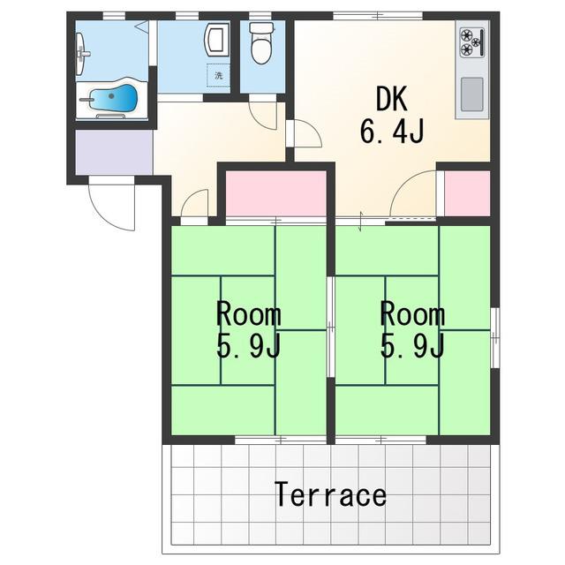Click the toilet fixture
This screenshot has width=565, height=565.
[261, 43]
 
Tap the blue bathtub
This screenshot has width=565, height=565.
[113, 98]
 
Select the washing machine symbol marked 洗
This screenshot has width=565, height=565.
[218, 76]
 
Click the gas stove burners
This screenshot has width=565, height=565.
[471, 41]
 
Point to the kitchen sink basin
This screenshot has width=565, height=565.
[472, 94]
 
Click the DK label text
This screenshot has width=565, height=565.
[392, 99]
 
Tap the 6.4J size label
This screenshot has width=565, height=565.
[391, 132]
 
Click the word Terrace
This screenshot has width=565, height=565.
[330, 494]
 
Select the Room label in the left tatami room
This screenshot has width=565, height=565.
[249, 314]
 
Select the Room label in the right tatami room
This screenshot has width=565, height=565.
[412, 314]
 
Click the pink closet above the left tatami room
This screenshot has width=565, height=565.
[276, 193]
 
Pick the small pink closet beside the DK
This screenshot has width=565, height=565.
[467, 193]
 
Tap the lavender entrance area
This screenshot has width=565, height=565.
[114, 152]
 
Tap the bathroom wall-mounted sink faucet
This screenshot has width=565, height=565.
[81, 54]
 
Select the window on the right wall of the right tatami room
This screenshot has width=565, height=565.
[495, 337]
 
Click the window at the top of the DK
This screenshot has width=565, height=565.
[377, 16]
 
